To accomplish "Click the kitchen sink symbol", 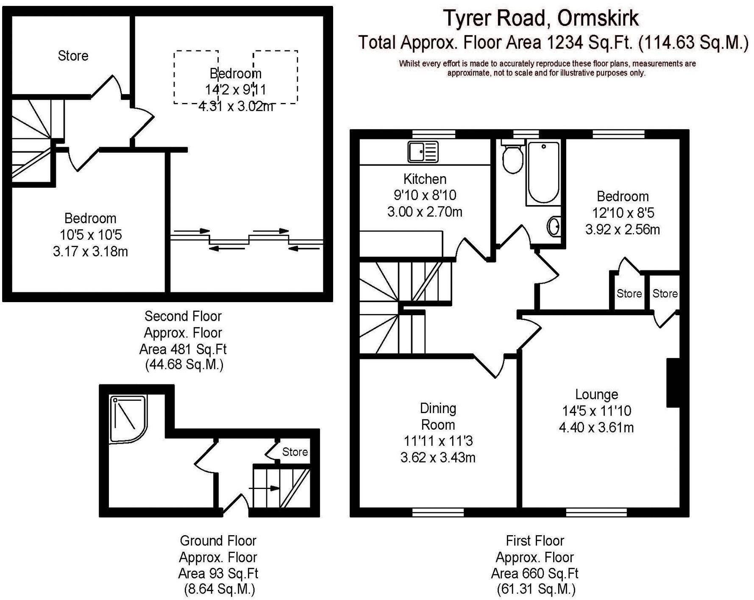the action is [x=423, y=152].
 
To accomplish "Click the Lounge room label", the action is [x=596, y=394].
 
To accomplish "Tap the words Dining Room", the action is [x=438, y=417].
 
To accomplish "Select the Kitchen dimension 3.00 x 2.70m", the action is [x=425, y=211].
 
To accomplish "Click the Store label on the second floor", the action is [x=73, y=56].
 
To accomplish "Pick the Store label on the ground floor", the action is [x=295, y=452].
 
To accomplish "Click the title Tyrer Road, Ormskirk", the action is [x=541, y=18].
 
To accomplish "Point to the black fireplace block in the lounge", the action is [x=673, y=383].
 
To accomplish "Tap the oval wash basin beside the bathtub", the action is [x=554, y=227].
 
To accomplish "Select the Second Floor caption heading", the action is [x=183, y=316].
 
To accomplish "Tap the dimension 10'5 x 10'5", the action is [x=90, y=235].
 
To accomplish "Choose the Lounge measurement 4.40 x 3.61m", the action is [x=596, y=428].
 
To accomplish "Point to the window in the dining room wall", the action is [x=438, y=512].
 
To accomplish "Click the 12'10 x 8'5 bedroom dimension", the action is [x=622, y=213].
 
